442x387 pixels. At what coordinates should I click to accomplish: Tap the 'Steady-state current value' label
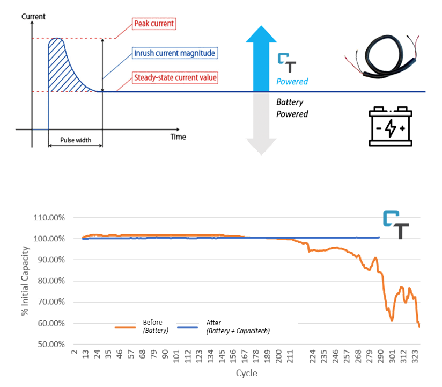point(175,78)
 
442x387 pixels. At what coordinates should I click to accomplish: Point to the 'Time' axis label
point(178,137)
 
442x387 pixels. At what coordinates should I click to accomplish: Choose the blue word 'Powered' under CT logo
point(292,82)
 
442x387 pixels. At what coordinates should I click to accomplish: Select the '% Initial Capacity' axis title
point(25,281)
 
